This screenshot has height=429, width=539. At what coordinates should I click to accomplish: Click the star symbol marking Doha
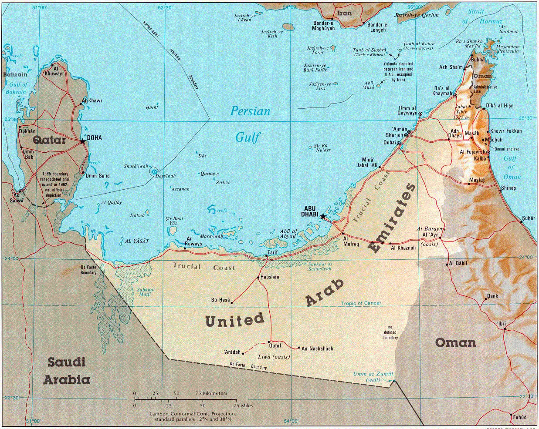click(83, 141)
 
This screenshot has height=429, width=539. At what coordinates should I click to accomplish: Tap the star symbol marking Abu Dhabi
click(322, 216)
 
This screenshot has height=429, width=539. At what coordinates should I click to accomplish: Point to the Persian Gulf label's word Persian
click(250, 111)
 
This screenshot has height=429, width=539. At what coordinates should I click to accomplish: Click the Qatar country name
click(49, 140)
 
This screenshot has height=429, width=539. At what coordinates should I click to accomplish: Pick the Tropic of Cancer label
click(361, 303)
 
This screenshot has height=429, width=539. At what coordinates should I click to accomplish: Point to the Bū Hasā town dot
click(231, 303)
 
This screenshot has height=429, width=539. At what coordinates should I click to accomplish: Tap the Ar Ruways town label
click(194, 241)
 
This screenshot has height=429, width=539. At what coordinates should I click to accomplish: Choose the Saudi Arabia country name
click(67, 371)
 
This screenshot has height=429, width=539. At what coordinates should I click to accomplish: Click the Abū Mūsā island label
click(370, 84)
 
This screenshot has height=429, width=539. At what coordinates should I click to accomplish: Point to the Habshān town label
click(270, 277)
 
